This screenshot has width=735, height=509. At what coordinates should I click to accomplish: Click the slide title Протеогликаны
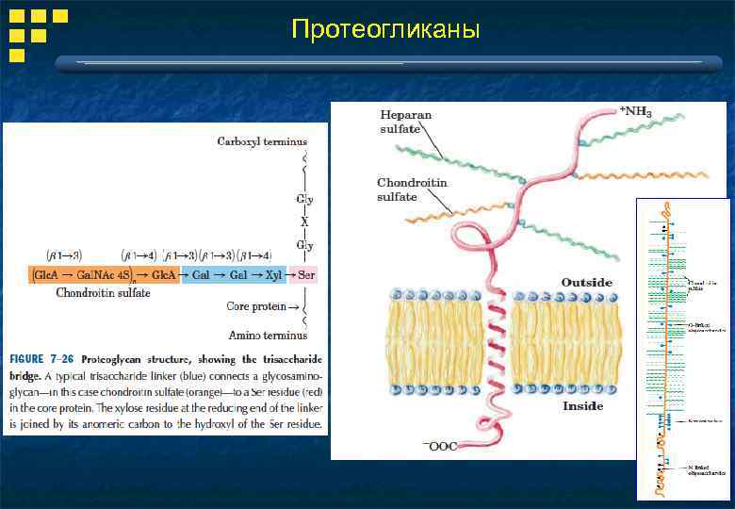385,30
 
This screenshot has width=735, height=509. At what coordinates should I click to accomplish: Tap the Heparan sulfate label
406,121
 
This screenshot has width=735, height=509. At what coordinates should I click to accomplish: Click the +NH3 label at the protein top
635,111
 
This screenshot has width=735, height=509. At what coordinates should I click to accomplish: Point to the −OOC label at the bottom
426,446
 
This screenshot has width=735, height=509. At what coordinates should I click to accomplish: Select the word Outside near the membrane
586,282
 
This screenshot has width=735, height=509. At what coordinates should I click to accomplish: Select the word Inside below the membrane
582,406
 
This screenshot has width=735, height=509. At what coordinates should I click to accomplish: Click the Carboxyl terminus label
262,141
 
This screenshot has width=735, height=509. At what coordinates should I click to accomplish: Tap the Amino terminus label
268,335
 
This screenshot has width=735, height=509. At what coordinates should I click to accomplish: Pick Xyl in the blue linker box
273,274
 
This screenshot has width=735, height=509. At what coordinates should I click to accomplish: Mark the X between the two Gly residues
304,222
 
